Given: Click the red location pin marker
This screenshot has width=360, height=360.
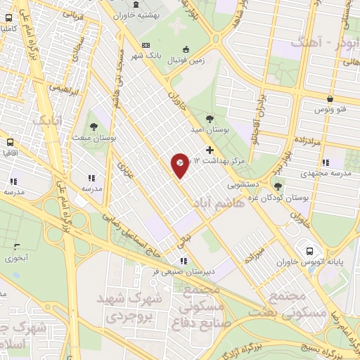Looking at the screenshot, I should tap(180, 165).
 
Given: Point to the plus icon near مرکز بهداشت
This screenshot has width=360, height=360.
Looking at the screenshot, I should tap(209, 150).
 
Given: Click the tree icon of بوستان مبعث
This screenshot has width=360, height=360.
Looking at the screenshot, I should tap(94, 124).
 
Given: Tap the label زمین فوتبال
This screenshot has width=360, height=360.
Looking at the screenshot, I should tap(185, 60).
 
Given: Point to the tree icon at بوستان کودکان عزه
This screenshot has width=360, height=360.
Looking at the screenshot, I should tap(278, 186).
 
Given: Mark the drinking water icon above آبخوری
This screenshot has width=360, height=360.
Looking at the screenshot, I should tap(16, 246).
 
